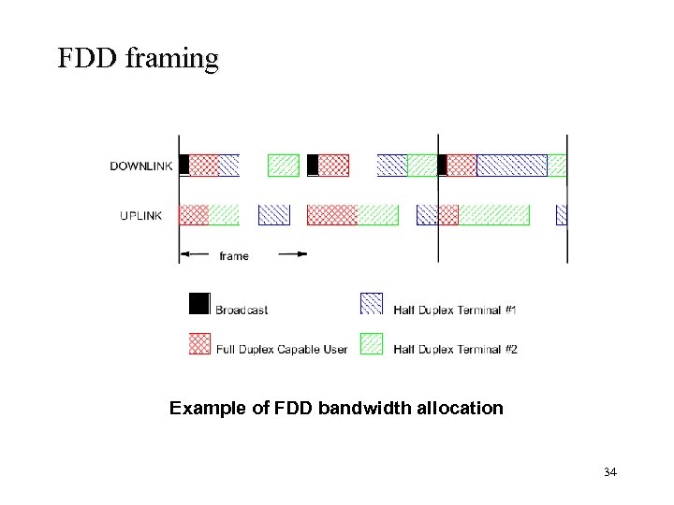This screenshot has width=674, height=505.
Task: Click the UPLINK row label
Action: coord(141,215)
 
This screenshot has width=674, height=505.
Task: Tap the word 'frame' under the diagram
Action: coord(234,255)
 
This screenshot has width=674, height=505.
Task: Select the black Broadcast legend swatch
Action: coord(199,304)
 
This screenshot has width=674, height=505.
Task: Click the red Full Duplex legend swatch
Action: coord(199,343)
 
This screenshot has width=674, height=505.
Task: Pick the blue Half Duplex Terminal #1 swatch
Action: coord(372,304)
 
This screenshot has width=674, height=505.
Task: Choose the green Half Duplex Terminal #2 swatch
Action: coord(372,343)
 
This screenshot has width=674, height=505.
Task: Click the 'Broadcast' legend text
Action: coord(242,310)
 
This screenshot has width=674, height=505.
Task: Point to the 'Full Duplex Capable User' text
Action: coord(282,350)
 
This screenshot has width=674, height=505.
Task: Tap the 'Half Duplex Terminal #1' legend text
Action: coord(455,310)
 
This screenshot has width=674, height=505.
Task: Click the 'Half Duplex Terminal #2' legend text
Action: coord(455,350)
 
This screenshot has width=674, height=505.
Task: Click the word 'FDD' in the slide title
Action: coord(85,58)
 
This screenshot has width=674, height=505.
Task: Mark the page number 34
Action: coord(610,472)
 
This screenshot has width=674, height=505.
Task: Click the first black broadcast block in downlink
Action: coord(184,166)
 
